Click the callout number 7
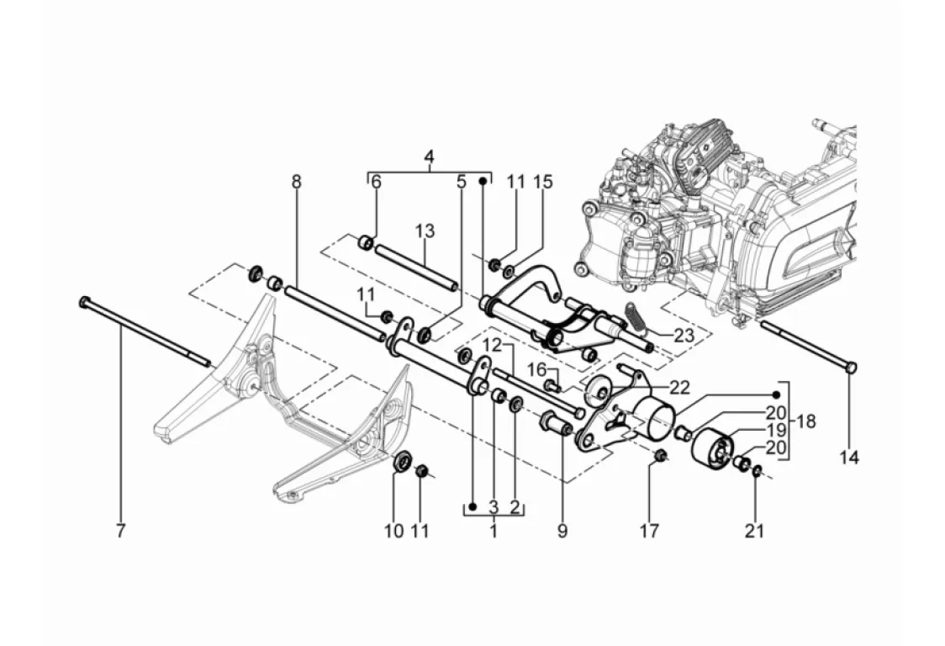tap(120, 532)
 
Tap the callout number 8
tap(296, 182)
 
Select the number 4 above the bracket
tap(429, 156)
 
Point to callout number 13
tap(425, 231)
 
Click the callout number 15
tap(542, 182)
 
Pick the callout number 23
tap(684, 336)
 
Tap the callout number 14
tap(849, 458)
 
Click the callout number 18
tap(805, 421)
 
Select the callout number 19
tap(776, 430)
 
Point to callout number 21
tap(754, 532)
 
